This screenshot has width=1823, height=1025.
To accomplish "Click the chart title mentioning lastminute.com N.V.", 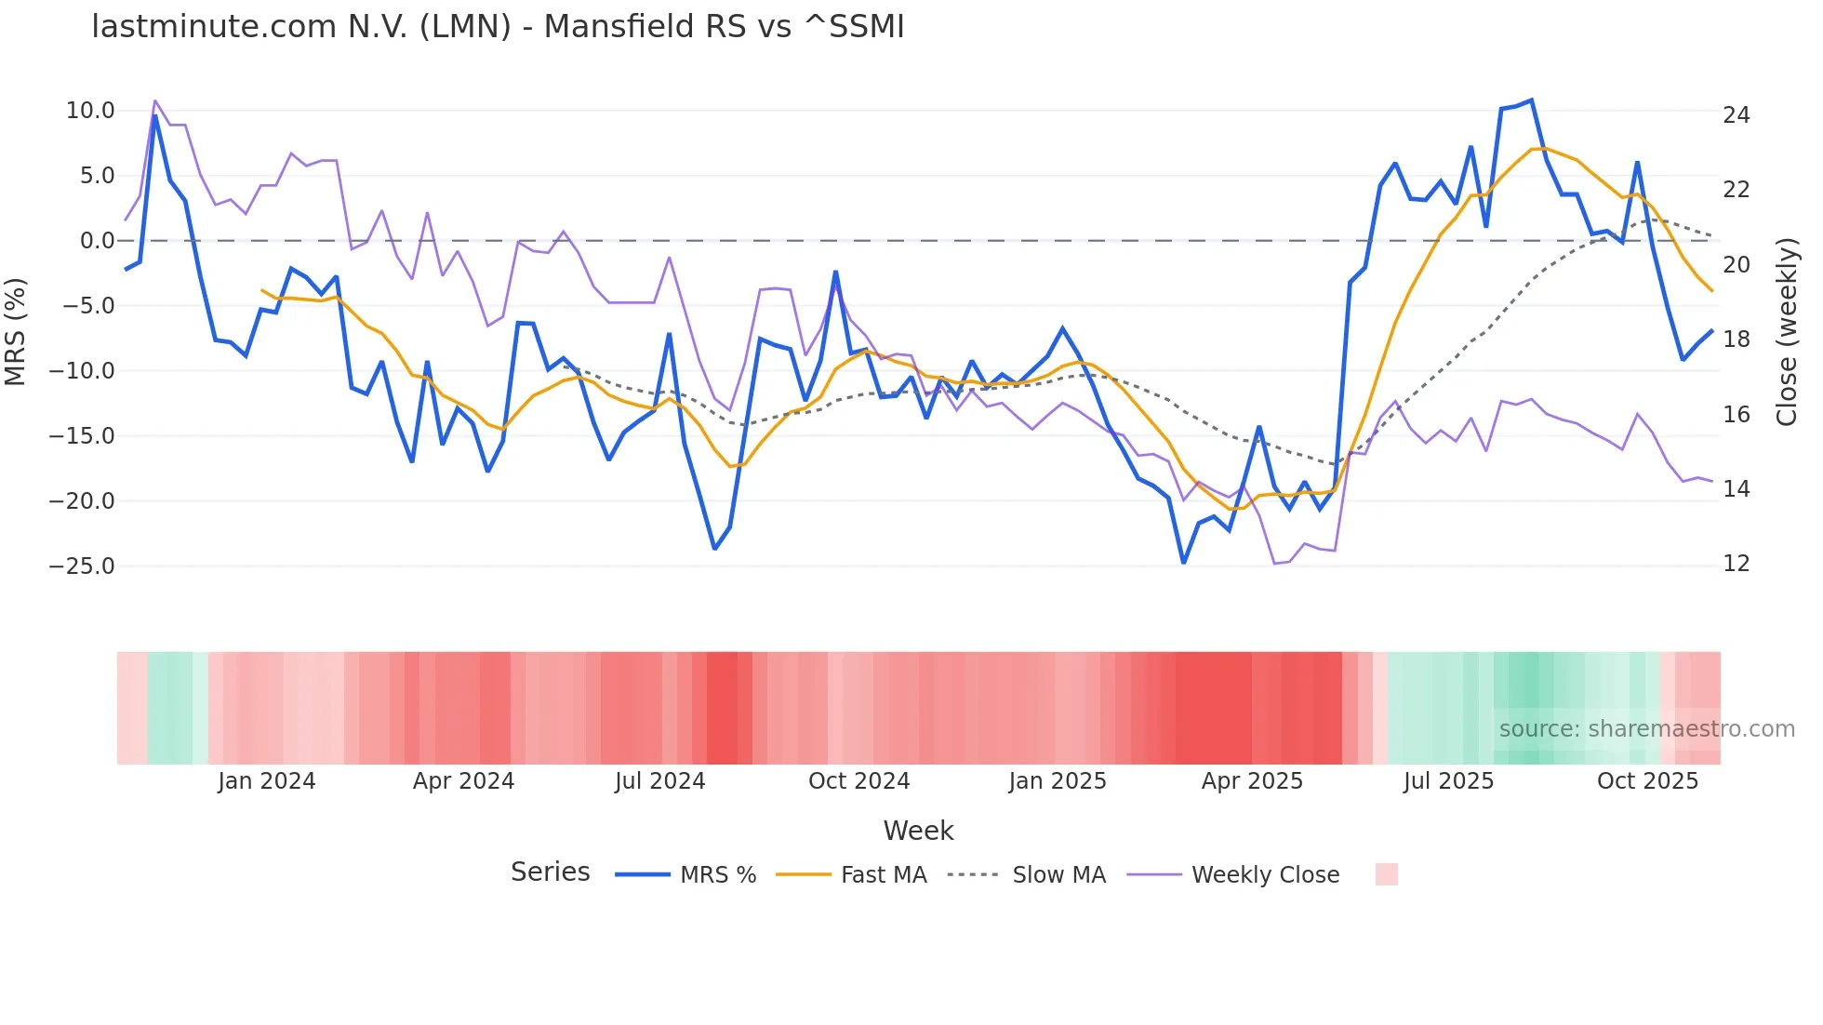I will click(498, 27).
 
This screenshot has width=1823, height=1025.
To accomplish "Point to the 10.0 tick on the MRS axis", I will click(90, 111).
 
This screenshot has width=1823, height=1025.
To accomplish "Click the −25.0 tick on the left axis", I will click(82, 566).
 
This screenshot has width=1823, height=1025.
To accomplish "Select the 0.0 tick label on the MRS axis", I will click(97, 241).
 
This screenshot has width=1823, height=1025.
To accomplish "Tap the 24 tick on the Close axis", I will click(1736, 115).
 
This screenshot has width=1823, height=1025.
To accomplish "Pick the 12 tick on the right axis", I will click(1736, 564).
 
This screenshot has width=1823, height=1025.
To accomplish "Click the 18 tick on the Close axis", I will click(1736, 339).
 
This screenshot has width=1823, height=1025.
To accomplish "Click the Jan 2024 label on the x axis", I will click(267, 781).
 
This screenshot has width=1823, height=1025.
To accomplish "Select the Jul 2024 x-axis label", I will click(659, 781).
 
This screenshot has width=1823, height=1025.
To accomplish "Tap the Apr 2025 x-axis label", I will click(1252, 781).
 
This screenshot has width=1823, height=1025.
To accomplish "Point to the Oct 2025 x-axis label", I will click(1647, 781).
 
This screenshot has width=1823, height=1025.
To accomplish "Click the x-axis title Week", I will click(918, 831).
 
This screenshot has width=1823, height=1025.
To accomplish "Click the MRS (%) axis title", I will click(16, 332).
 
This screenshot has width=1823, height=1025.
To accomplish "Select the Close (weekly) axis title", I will click(1787, 332).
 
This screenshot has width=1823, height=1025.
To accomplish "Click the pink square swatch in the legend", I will click(1386, 874).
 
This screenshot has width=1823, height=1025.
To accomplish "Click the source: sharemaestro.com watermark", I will click(1646, 729).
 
